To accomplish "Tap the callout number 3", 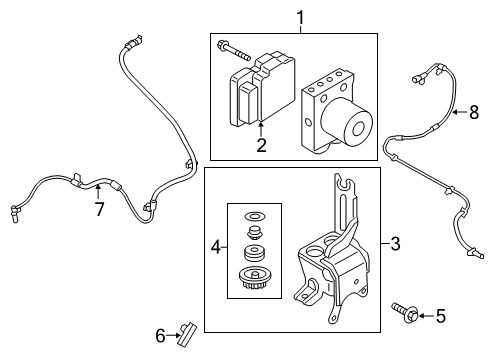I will click(396, 244).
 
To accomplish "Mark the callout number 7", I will click(98, 210).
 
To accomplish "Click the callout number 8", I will click(474, 112).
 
